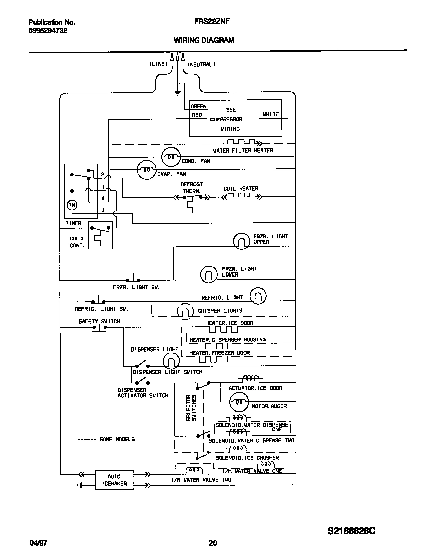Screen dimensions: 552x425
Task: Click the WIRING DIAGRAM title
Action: (x=203, y=40)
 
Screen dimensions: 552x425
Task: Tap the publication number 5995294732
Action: (x=48, y=31)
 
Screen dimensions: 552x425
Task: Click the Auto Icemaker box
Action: (x=114, y=480)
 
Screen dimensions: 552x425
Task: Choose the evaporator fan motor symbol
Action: (x=147, y=170)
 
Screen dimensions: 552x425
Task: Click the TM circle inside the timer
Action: (x=71, y=205)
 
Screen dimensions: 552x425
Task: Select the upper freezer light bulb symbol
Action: (x=241, y=241)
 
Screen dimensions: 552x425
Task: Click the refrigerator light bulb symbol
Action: (x=258, y=296)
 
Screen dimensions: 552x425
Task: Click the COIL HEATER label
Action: (x=241, y=189)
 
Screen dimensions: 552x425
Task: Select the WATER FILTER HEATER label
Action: (x=243, y=151)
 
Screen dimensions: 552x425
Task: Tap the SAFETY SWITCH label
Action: (x=99, y=321)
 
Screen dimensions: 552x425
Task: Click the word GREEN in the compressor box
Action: (x=198, y=107)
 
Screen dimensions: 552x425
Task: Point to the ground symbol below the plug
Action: (x=177, y=91)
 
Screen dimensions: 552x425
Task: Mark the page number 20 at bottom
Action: (x=212, y=543)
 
